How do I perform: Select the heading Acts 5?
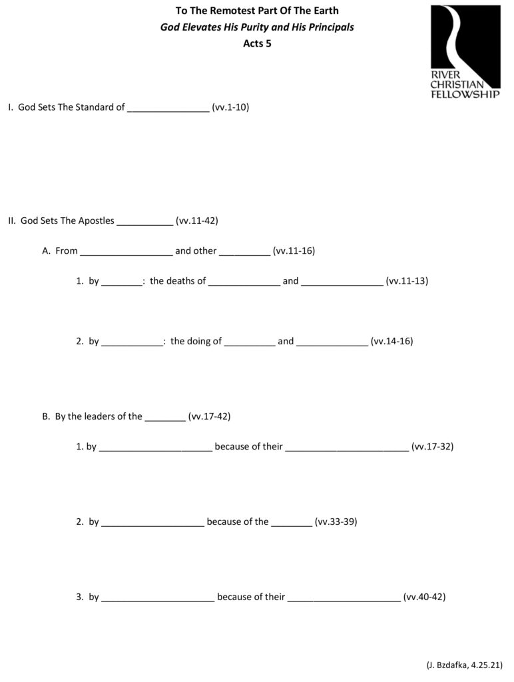(256, 44)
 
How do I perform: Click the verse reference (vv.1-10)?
(230, 107)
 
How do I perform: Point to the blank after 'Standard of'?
(168, 108)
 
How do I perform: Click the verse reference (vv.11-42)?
(197, 220)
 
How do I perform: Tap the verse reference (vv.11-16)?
(294, 251)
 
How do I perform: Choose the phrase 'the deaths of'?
(178, 281)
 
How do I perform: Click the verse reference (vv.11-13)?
(407, 281)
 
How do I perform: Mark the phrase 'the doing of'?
(196, 341)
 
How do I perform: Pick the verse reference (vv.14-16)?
(392, 341)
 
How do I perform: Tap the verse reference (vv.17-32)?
(433, 446)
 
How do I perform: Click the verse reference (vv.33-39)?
(336, 521)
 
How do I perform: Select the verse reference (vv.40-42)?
(425, 597)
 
